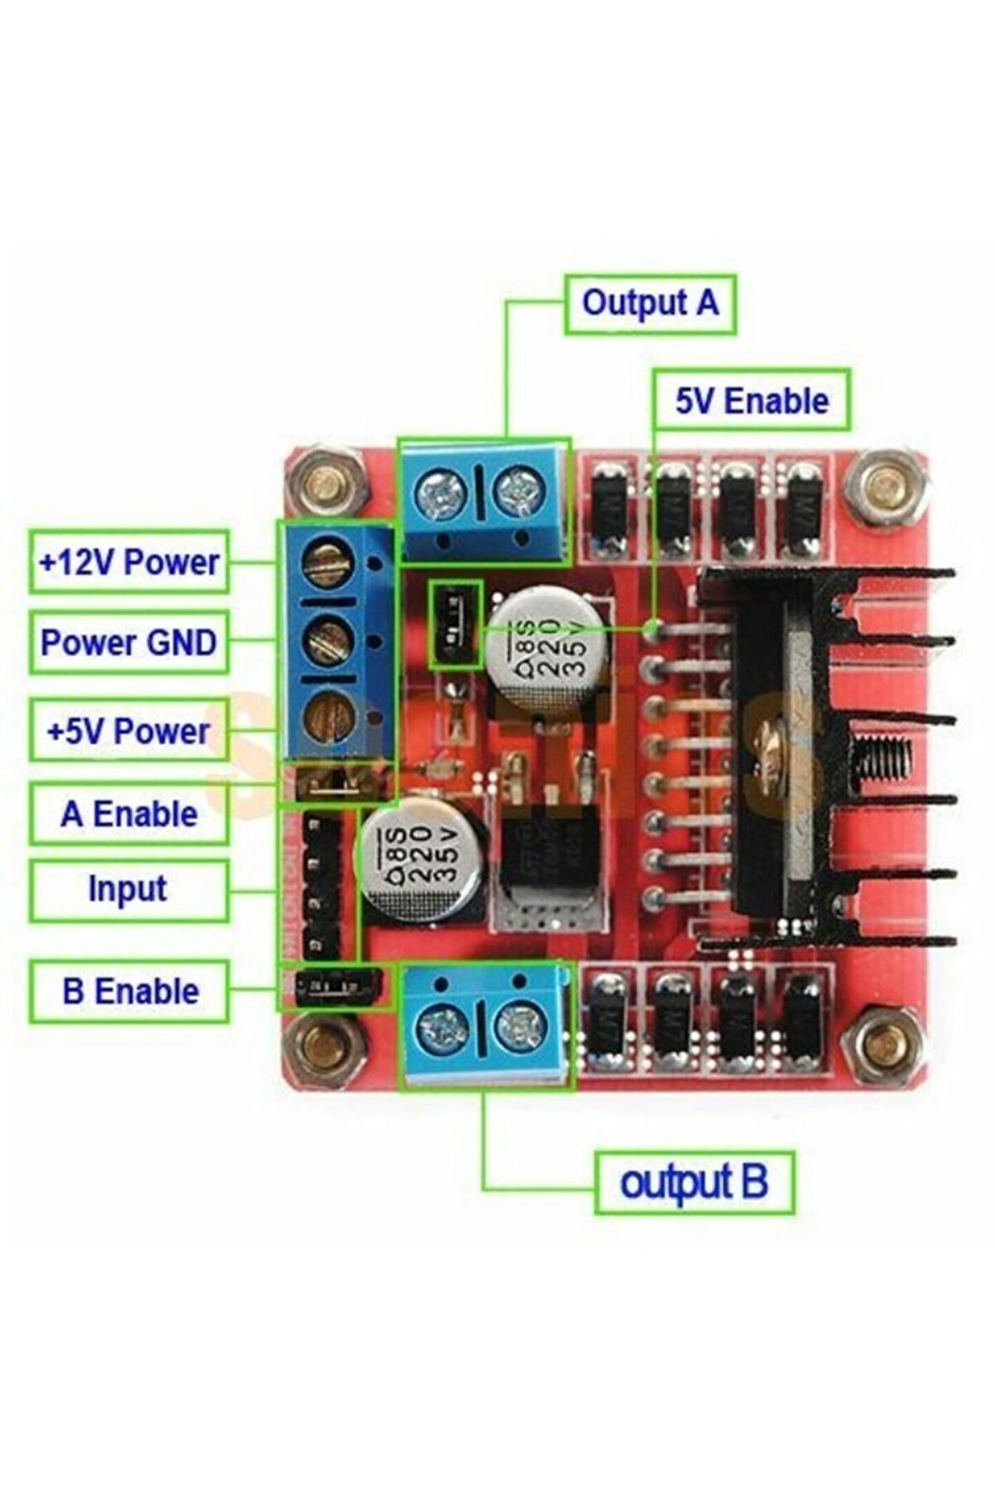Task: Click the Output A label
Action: [650, 304]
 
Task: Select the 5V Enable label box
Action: [751, 401]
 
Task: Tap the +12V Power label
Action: [129, 561]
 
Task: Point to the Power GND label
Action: [129, 642]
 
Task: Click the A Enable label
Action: [129, 814]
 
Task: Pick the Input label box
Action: [129, 890]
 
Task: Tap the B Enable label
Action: [129, 991]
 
